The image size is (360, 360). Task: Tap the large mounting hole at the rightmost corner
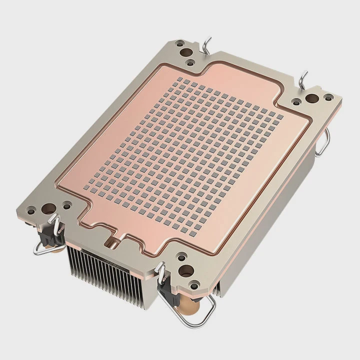pyautogui.click(x=311, y=99)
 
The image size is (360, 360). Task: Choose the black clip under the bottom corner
pyautogui.click(x=167, y=290)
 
